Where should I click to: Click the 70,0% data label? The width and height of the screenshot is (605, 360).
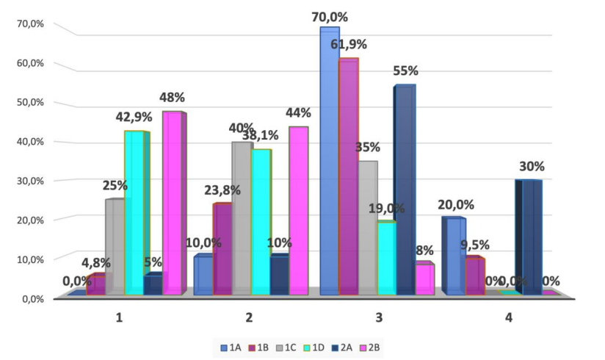click(x=329, y=17)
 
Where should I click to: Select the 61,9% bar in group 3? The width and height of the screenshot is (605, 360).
click(x=348, y=176)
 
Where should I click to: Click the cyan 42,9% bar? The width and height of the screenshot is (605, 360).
click(x=134, y=213)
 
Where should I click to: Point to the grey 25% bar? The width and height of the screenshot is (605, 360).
click(x=115, y=247)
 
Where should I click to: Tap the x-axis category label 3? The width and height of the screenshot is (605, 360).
click(x=379, y=318)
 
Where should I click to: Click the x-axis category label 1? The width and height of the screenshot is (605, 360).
click(x=119, y=318)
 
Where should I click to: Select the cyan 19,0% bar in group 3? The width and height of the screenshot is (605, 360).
click(x=386, y=258)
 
